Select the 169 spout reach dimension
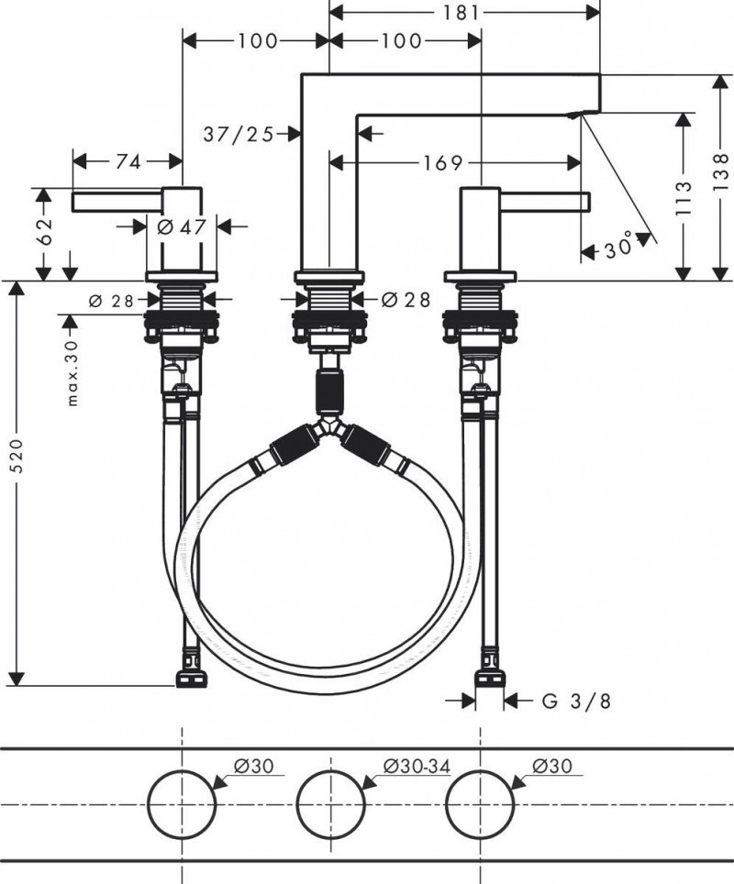[442, 163]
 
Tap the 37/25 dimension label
[238, 134]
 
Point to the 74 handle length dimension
[128, 161]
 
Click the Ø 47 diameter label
[180, 227]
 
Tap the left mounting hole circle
[182, 804]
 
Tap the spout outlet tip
[575, 115]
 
